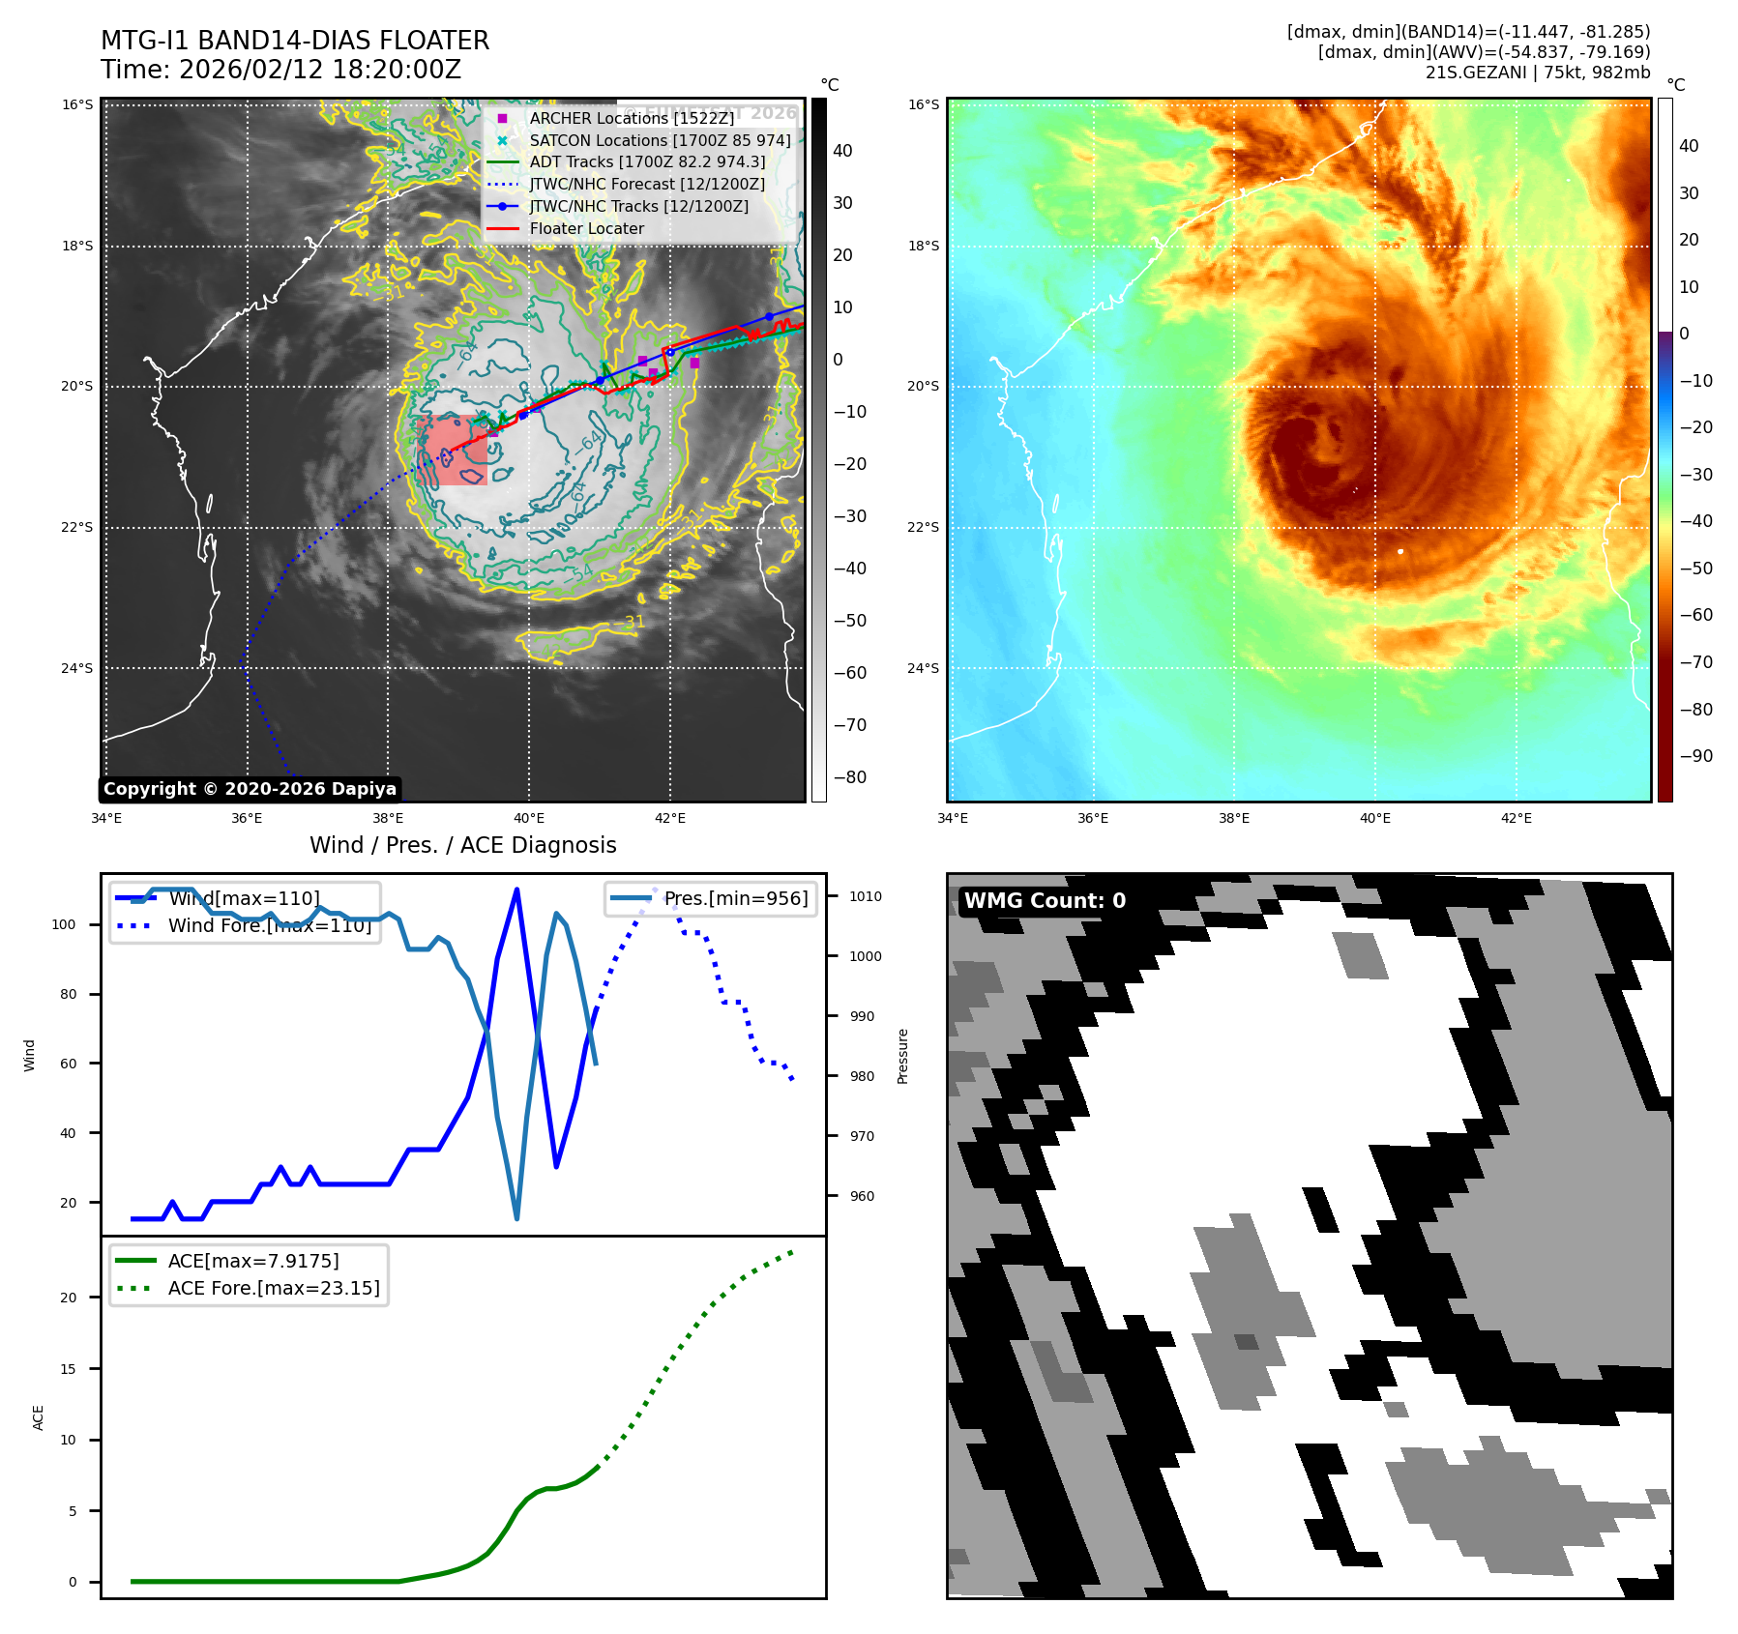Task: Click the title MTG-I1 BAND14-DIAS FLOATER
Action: coord(295,41)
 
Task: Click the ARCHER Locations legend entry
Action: coord(631,118)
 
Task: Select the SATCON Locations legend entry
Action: coord(659,140)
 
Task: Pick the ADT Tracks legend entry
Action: coord(646,162)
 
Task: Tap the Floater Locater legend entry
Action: coord(586,229)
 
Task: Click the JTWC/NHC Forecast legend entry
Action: coord(646,185)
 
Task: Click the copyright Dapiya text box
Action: coord(250,789)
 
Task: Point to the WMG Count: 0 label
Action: coord(1045,901)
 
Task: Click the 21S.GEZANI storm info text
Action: coord(1537,73)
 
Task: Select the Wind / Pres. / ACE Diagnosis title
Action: coord(462,846)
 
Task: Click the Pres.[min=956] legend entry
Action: coord(735,898)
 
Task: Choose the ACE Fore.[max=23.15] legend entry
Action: coord(273,1289)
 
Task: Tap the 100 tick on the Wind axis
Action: coord(64,925)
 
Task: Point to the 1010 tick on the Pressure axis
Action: coord(866,897)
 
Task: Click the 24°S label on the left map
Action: coord(77,668)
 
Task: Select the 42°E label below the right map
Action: coord(1516,819)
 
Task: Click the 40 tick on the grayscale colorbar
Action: coord(842,151)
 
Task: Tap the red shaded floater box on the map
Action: coord(452,450)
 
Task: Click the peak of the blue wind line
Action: coord(517,889)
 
